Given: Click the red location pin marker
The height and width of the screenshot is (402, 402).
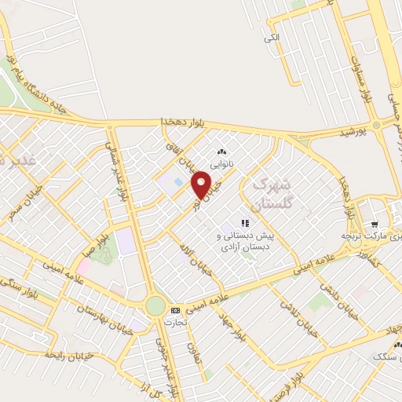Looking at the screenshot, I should tap(202, 185).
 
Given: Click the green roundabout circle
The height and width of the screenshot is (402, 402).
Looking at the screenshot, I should tap(155, 305).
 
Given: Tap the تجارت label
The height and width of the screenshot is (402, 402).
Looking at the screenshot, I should tap(175, 322).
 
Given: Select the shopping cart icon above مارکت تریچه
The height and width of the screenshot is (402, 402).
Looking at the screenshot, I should tap(375, 222).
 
